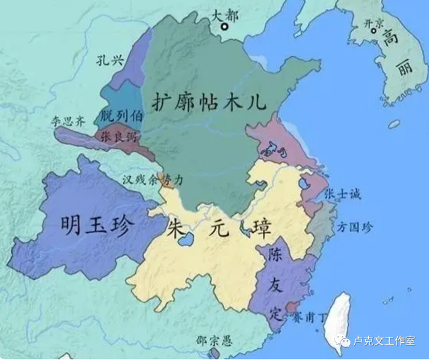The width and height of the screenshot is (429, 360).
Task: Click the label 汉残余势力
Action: pos(152,180)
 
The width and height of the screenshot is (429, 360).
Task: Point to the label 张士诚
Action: pos(343,194)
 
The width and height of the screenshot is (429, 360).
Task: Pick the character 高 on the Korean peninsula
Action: pos(390,39)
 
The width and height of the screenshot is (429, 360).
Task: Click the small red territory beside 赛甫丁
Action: pos(291,307)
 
